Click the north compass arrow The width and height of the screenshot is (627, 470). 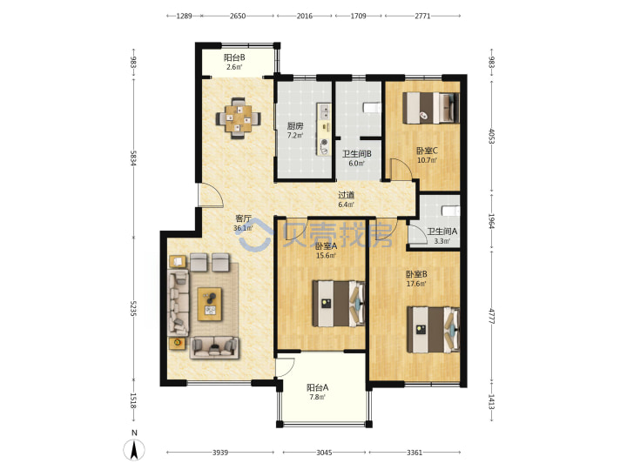[135, 450]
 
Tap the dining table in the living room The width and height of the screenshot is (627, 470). [239, 118]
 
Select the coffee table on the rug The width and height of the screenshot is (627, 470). [210, 304]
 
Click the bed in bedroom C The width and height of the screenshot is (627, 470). [431, 108]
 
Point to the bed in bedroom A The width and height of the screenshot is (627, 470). [338, 304]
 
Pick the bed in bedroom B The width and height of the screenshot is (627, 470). [433, 330]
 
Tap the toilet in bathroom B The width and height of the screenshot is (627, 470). [372, 108]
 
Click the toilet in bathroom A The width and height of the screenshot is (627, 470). [451, 211]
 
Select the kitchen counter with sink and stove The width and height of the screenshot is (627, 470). [324, 129]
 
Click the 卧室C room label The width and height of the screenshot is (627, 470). [427, 151]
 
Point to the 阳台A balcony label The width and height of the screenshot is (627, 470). [318, 387]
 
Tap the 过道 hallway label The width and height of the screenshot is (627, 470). [347, 195]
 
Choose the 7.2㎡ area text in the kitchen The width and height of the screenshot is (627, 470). [295, 135]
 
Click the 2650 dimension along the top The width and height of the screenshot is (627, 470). [238, 16]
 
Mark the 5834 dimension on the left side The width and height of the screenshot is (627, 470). [133, 157]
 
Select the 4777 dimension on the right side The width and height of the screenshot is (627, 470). [492, 315]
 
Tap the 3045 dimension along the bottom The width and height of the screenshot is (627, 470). [324, 453]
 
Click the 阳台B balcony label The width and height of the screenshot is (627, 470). [234, 57]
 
